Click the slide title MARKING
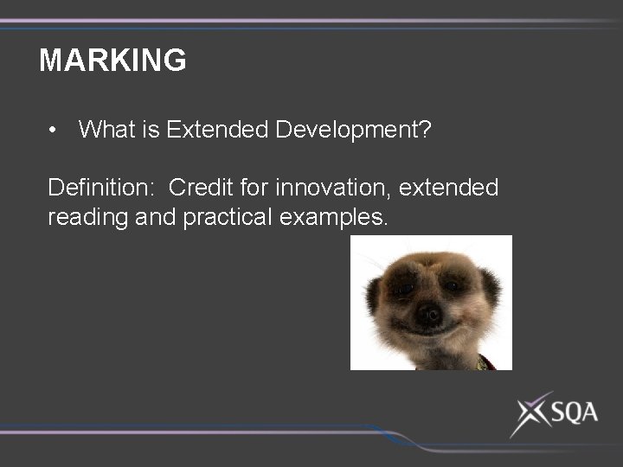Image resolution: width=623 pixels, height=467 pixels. point(112,61)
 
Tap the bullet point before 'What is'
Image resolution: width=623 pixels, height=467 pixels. point(54,131)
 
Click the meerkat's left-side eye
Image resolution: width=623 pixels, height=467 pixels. point(403,290)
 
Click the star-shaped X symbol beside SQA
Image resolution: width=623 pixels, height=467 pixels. point(530,414)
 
